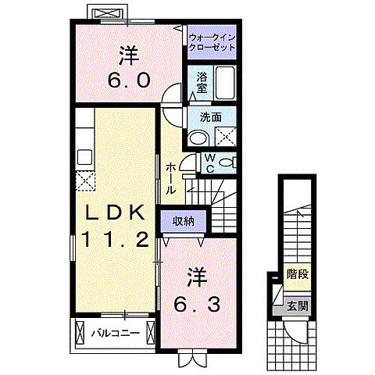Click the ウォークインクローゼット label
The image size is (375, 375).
pos(212,42)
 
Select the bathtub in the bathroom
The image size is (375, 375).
pos(225,83)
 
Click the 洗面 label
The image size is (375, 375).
pos(211,117)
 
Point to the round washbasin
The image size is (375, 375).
pos(199,138)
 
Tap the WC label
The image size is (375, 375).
pos(210,163)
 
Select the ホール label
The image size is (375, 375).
pos(170,178)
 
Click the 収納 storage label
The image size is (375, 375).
pos(184,221)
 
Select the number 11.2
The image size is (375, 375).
pos(116,240)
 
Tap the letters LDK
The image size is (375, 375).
pos(116,212)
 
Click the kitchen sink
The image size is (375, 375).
pos(85,157)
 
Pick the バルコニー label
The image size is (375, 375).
pos(116,333)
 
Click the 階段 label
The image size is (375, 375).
pos(298,274)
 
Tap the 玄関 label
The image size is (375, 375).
pos(298,306)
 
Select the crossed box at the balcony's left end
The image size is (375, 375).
pos(80,333)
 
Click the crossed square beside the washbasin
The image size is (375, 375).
pos(226,136)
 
